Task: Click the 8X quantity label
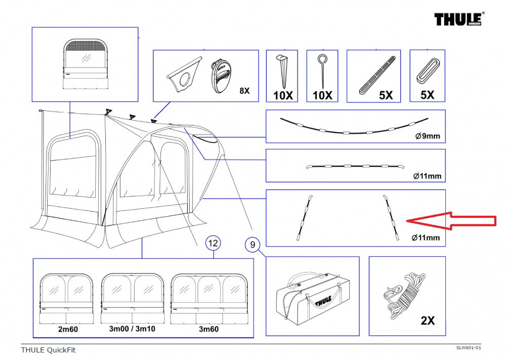244,91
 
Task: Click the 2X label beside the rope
428,320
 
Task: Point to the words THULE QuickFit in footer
48,350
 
